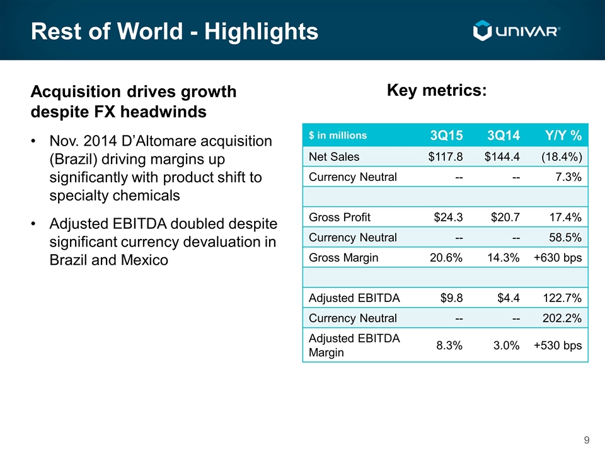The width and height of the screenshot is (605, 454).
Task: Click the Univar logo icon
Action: pyautogui.click(x=482, y=30)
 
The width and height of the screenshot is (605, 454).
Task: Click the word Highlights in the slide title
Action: pyautogui.click(x=261, y=31)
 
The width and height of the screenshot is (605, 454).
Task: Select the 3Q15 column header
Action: pyautogui.click(x=446, y=135)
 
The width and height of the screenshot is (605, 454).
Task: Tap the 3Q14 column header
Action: pyautogui.click(x=503, y=135)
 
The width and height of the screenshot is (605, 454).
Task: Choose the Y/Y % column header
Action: pyautogui.click(x=563, y=135)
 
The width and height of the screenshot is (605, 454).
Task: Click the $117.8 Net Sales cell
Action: pyautogui.click(x=446, y=157)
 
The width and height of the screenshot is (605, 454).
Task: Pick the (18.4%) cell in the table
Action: pyautogui.click(x=562, y=157)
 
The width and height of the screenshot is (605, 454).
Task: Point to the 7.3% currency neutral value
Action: pyautogui.click(x=568, y=177)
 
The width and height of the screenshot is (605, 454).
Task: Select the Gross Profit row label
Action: pyautogui.click(x=340, y=218)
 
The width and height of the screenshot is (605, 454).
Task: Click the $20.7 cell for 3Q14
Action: pyautogui.click(x=505, y=218)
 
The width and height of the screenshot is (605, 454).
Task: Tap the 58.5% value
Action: pyautogui.click(x=565, y=238)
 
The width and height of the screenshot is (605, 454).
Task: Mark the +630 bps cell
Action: pyautogui.click(x=558, y=257)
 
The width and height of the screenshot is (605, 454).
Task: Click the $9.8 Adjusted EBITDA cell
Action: pyautogui.click(x=451, y=298)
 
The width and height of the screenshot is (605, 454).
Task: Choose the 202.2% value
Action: pyautogui.click(x=562, y=318)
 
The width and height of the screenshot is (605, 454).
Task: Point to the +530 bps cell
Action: pyautogui.click(x=558, y=345)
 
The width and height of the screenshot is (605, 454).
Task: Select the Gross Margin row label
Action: pyautogui.click(x=343, y=258)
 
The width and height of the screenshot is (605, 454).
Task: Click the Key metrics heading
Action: pyautogui.click(x=437, y=91)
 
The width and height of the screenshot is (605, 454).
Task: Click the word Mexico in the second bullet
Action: pyautogui.click(x=144, y=260)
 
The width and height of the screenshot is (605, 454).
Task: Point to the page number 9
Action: pyautogui.click(x=587, y=440)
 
